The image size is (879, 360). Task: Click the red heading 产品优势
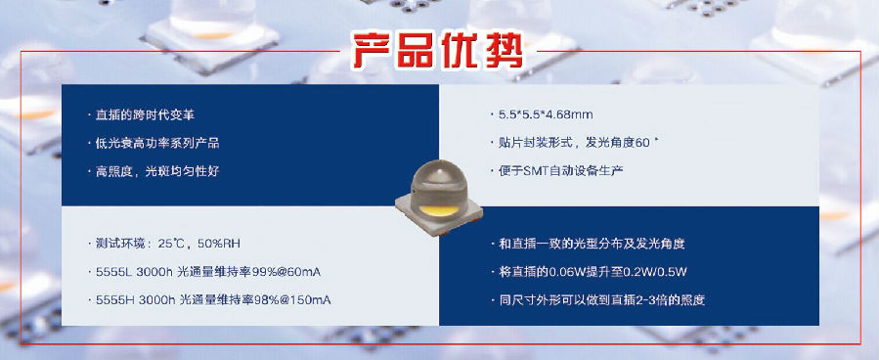click(437, 52)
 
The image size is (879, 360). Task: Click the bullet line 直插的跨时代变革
click(145, 114)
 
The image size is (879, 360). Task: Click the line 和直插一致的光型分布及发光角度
click(592, 244)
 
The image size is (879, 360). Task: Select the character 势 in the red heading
click(503, 52)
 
